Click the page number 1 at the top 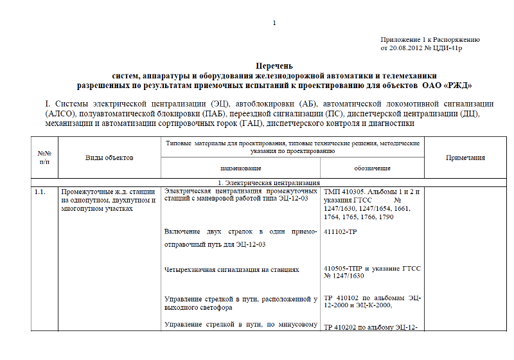tap(274, 24)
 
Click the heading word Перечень tap(274, 66)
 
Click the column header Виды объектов tap(109, 157)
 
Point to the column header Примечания tap(465, 157)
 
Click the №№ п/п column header tap(44, 157)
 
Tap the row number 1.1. tap(40, 192)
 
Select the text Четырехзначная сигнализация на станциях tap(231, 270)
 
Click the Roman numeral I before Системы tap(48, 103)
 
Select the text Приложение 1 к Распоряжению tap(430, 39)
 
